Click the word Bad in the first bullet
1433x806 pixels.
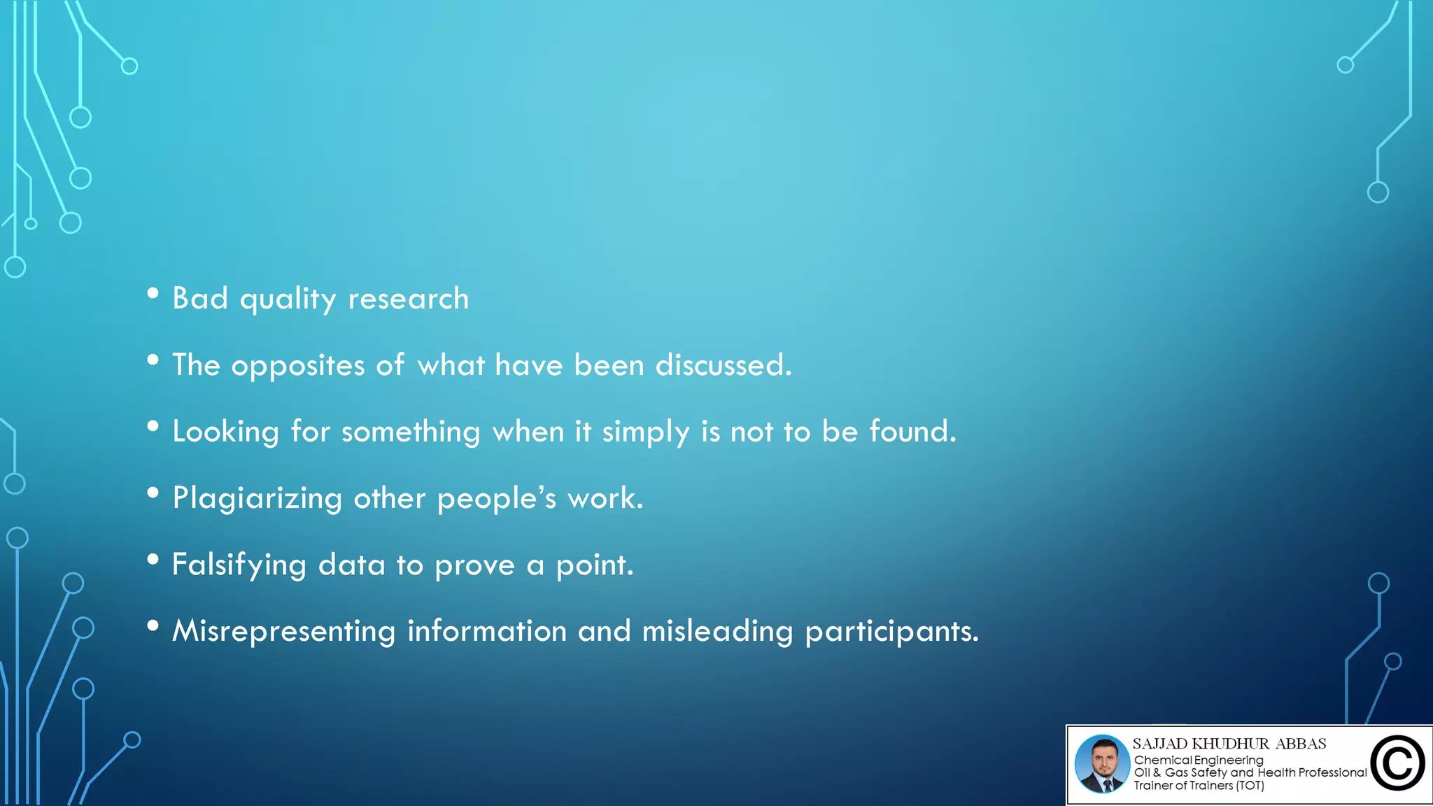200,299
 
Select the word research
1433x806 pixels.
409,299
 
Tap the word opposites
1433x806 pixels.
298,365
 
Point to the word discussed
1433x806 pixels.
723,365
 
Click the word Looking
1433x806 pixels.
225,432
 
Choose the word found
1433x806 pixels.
912,432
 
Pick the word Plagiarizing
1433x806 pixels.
257,498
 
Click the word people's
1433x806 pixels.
497,498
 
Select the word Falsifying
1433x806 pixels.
239,565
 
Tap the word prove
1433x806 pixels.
474,565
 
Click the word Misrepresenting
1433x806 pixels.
284,631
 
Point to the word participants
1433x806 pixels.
891,631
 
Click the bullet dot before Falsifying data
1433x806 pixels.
153,559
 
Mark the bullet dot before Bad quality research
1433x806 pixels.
153,293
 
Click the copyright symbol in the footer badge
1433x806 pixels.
1397,763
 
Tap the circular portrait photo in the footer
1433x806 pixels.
1102,763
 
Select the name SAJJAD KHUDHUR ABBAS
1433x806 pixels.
1229,744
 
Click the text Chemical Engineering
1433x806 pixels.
1199,760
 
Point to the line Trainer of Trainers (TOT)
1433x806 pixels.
1199,786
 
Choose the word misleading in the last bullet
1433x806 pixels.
717,631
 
